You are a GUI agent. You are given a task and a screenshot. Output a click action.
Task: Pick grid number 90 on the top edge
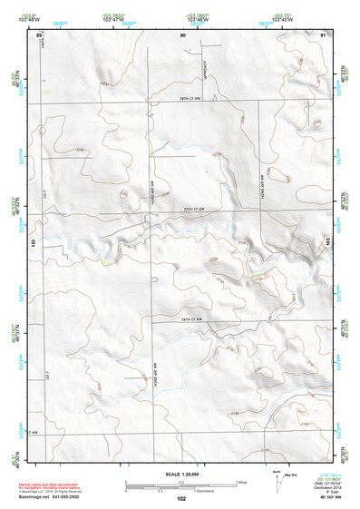(x=182, y=34)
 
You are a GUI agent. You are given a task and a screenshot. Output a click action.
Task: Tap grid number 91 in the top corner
(x=324, y=34)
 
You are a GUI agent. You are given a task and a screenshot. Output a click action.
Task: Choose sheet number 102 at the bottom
(x=181, y=499)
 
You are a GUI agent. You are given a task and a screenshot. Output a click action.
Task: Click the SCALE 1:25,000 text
(x=180, y=475)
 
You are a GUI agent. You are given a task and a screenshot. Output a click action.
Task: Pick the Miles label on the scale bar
(x=241, y=482)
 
